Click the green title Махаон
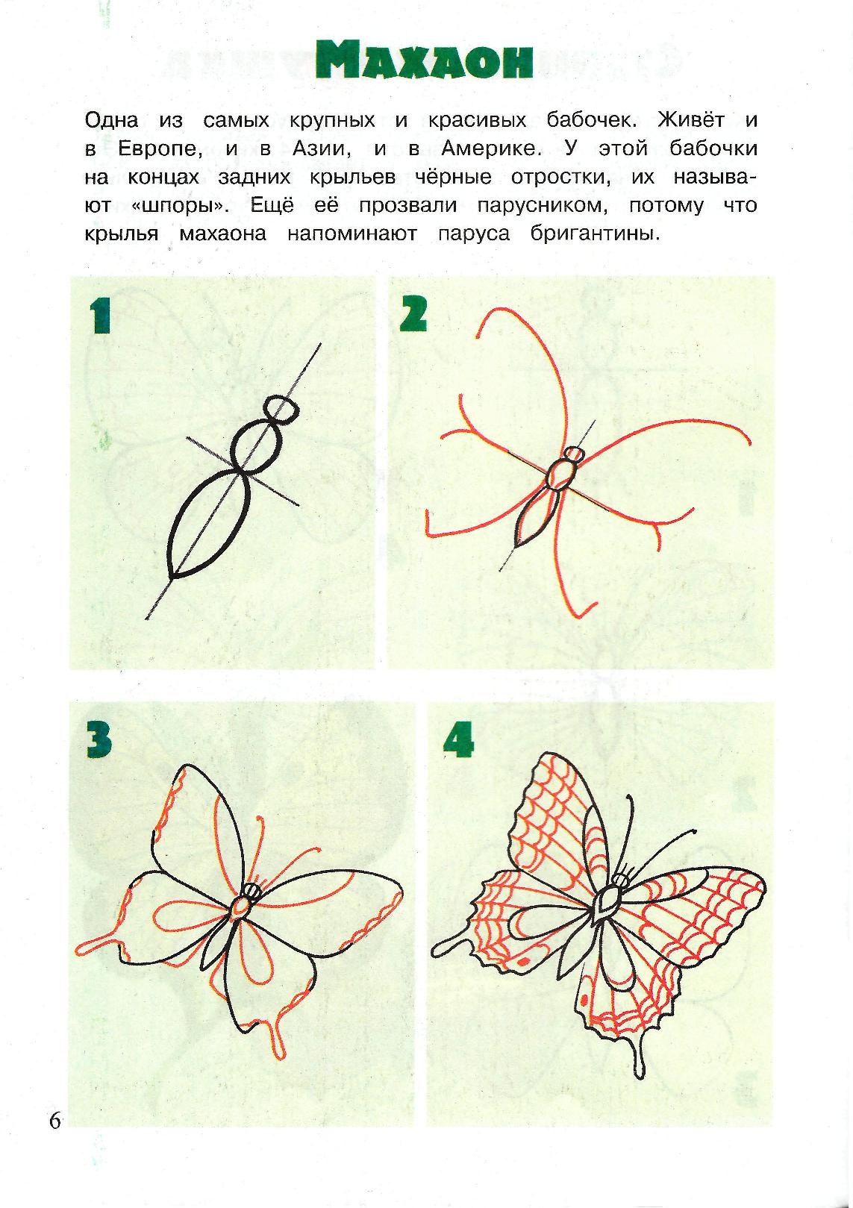[425, 61]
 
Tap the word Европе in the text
[160, 149]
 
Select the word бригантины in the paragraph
[595, 235]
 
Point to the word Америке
[492, 148]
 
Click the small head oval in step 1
[282, 410]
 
